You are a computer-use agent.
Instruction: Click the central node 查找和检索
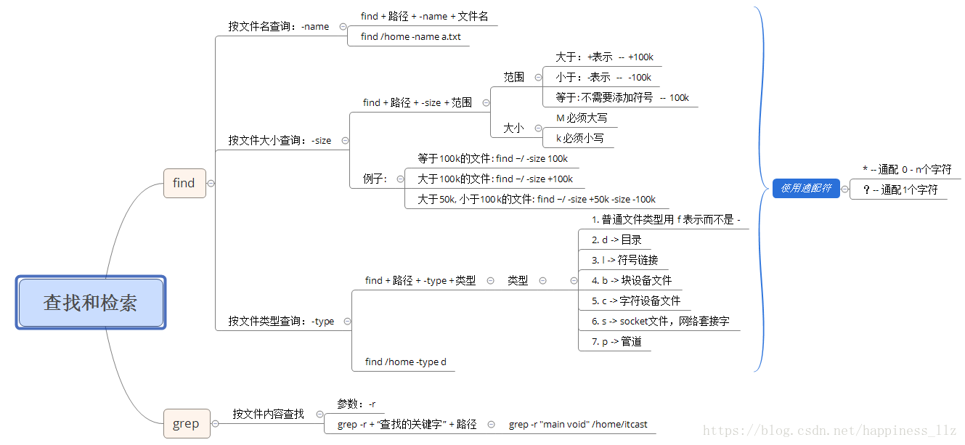[x=91, y=303]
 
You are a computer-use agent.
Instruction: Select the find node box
[x=184, y=183]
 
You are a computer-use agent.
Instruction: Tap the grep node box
[x=186, y=423]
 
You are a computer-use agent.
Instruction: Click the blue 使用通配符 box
[x=806, y=189]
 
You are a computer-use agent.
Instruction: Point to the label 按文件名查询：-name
[x=279, y=27]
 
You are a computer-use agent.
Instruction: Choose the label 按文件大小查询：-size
[x=280, y=141]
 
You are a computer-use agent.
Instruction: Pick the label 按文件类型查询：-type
[x=281, y=321]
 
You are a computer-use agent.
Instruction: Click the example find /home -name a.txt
[x=410, y=36]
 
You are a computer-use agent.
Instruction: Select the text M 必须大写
[x=582, y=118]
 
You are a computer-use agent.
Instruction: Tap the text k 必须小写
[x=579, y=138]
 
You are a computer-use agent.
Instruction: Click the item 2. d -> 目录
[x=616, y=240]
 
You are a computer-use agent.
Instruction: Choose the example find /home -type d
[x=406, y=362]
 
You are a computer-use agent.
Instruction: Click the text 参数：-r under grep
[x=356, y=404]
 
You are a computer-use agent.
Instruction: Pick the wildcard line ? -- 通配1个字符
[x=900, y=190]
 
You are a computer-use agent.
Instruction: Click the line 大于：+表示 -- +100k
[x=605, y=57]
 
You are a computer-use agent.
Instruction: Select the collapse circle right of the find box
[x=211, y=184]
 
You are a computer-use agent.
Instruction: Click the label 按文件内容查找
[x=268, y=415]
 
